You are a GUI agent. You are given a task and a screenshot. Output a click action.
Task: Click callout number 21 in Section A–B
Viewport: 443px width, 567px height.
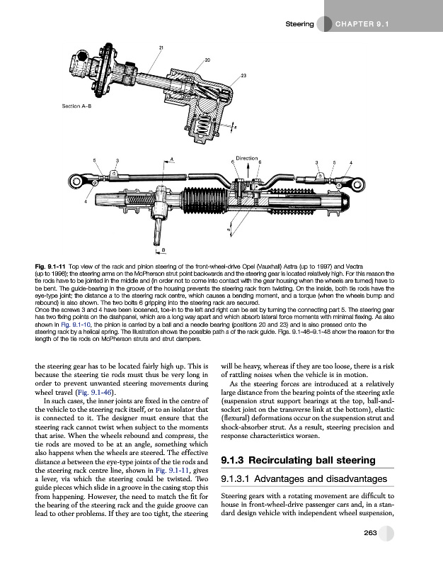click(x=161, y=47)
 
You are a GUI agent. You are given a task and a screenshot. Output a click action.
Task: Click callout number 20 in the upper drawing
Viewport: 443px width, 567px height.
click(x=207, y=59)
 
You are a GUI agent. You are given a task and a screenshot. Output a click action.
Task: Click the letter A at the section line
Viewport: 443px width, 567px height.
click(x=172, y=159)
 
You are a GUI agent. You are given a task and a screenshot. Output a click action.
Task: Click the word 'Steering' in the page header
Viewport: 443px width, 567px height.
click(x=299, y=23)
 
